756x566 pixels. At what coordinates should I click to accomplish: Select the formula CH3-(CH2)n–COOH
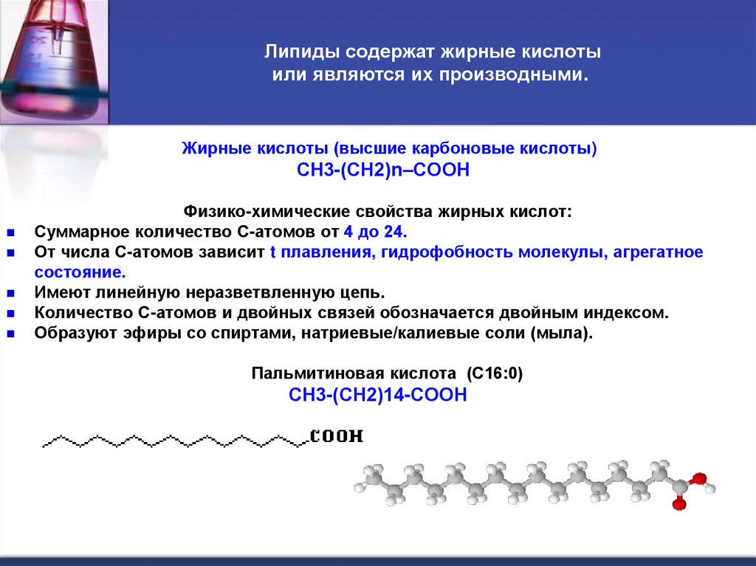(383, 170)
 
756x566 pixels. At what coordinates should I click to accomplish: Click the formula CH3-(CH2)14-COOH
(378, 395)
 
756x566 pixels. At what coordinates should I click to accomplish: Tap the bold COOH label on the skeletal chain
(337, 436)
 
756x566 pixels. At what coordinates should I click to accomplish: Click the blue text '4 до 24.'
(375, 232)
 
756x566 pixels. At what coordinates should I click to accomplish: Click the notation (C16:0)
(495, 373)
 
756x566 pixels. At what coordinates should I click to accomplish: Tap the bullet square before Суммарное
(12, 232)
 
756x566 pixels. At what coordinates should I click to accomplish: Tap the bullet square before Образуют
(12, 333)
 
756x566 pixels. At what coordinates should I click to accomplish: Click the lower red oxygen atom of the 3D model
(676, 505)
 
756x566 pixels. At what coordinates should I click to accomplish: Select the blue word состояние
(75, 272)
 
